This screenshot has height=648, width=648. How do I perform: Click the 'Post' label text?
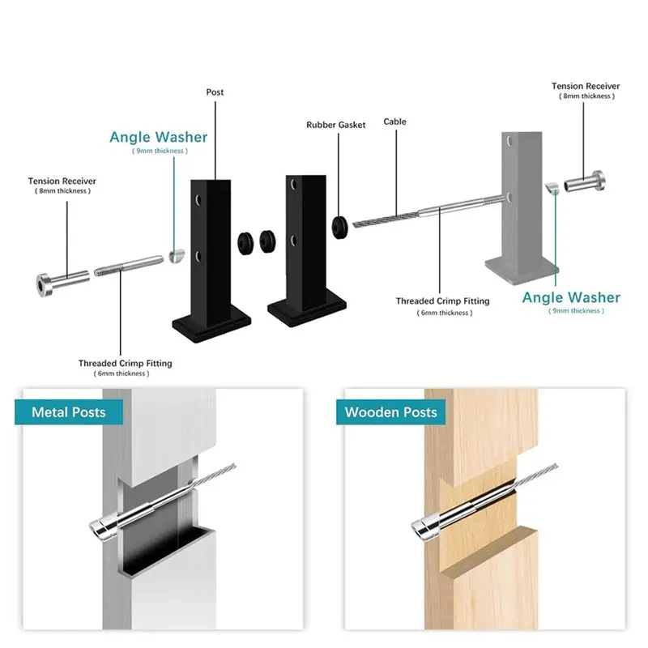click(x=215, y=92)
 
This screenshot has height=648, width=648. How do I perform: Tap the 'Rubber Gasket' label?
click(x=336, y=125)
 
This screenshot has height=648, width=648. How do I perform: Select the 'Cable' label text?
click(x=394, y=122)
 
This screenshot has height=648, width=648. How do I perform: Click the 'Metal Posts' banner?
click(x=69, y=412)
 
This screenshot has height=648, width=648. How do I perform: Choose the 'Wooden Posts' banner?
click(x=390, y=412)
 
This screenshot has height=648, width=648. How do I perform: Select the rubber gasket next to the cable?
click(x=340, y=227)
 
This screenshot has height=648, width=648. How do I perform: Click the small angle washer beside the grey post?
click(x=552, y=188)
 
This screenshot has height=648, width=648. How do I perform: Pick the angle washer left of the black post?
click(x=177, y=256)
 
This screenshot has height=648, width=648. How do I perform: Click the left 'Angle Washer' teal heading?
click(x=158, y=137)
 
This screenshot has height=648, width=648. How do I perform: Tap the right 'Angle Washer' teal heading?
click(x=571, y=297)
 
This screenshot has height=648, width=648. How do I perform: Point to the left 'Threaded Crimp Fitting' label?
click(x=126, y=363)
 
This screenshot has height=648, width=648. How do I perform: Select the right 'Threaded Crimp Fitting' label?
click(x=442, y=301)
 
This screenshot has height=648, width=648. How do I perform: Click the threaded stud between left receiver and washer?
click(x=129, y=266)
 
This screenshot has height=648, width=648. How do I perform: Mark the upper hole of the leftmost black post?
click(x=198, y=200)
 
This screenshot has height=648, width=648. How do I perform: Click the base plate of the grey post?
click(x=522, y=271)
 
